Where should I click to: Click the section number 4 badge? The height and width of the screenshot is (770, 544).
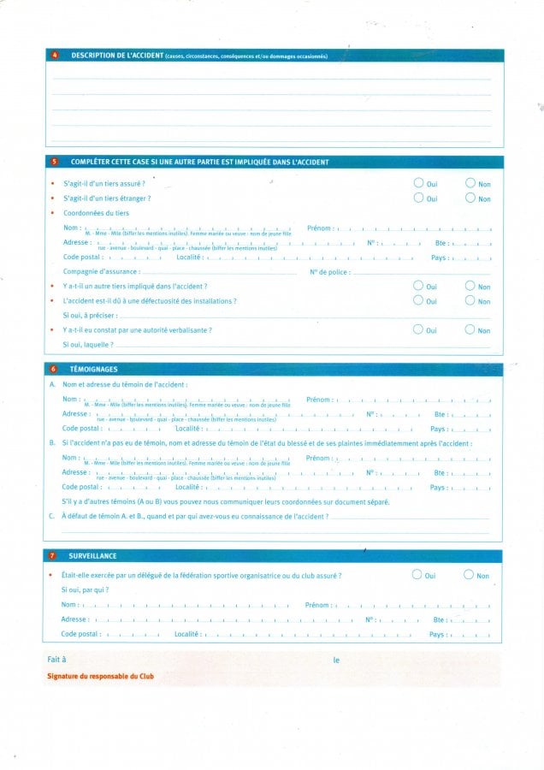point(55,56)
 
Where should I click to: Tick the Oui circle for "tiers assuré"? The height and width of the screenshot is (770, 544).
point(417,183)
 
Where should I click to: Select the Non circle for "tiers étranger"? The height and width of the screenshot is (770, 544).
point(470,198)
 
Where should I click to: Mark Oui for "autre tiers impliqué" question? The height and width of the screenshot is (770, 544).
point(417,286)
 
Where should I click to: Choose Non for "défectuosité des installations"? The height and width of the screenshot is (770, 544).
point(470,300)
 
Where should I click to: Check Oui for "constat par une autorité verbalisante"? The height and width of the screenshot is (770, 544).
point(417,329)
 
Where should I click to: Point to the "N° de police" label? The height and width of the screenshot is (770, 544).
point(329,272)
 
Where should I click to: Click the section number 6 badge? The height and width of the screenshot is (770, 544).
point(54,369)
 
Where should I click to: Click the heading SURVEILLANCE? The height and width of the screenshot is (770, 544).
point(93,556)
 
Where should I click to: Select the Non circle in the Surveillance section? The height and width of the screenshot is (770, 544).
point(469,575)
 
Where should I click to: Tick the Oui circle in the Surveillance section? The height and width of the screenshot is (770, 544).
point(417,575)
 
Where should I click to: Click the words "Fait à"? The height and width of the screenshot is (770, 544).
point(56,660)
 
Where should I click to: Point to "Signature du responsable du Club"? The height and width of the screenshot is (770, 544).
point(101,677)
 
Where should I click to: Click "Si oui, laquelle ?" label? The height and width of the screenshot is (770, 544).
point(88,344)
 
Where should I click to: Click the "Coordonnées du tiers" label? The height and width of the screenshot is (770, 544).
point(97,213)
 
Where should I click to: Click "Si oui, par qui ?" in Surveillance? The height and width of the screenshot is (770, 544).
point(85,589)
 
